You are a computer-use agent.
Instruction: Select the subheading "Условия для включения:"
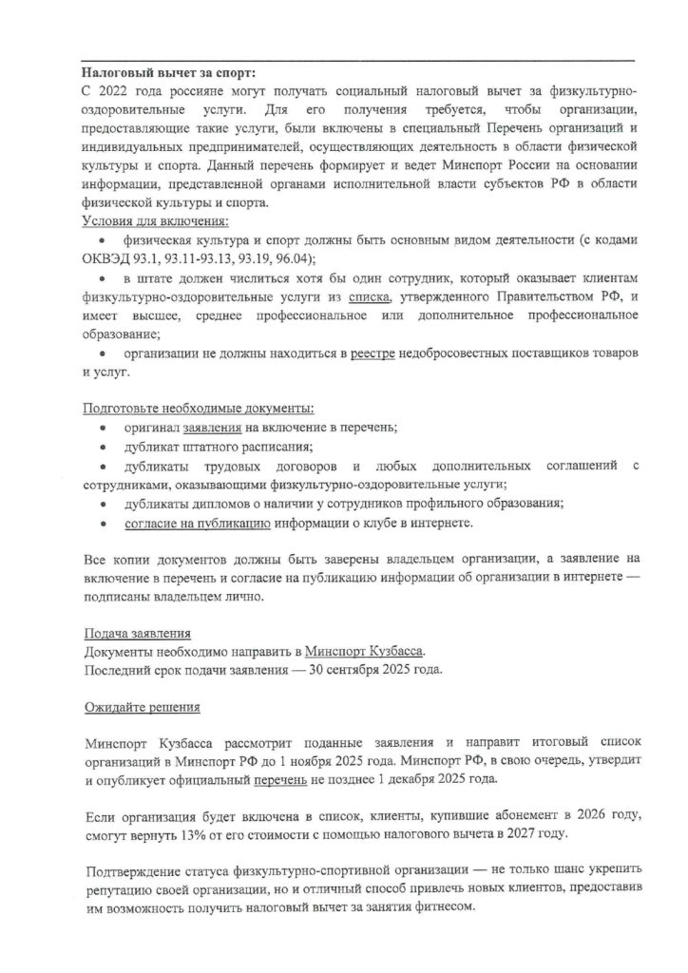(x=155, y=221)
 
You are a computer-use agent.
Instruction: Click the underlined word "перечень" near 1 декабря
(x=280, y=777)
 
